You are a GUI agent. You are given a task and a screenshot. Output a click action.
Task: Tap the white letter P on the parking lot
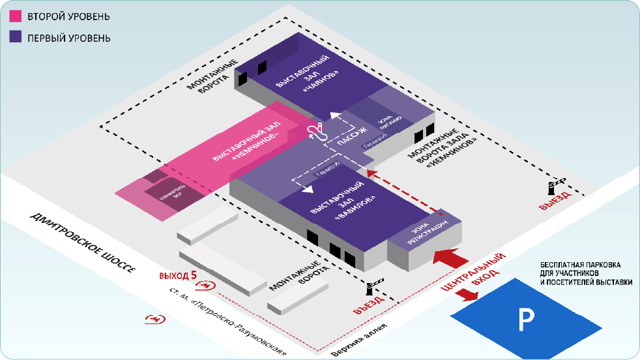525,318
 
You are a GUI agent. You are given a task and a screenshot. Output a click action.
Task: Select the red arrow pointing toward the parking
467,293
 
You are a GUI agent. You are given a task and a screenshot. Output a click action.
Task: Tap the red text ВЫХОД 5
177,275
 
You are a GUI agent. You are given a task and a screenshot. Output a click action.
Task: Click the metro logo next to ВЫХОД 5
207,284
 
